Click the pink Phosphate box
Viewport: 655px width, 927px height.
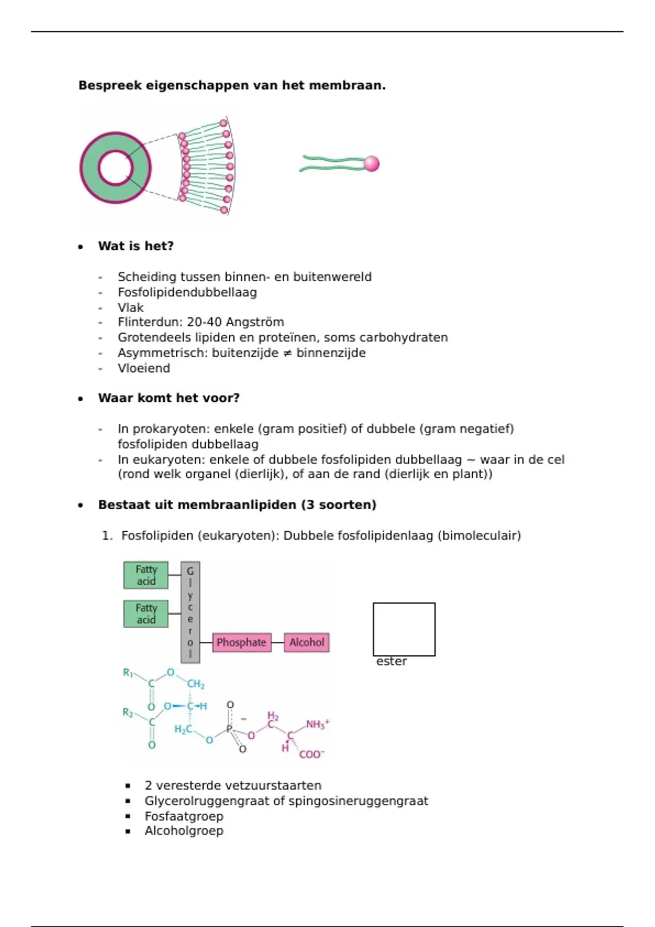point(241,642)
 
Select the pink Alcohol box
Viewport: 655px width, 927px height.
point(306,642)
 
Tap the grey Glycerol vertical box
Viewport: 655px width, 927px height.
point(190,612)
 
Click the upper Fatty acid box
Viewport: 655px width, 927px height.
point(146,575)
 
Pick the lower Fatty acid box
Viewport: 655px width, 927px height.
point(146,614)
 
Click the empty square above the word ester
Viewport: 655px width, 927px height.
point(404,629)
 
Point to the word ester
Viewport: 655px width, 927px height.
point(391,661)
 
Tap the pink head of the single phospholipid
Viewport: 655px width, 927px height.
point(371,164)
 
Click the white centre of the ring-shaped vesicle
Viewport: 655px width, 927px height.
point(115,167)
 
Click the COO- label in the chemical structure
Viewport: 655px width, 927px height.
point(311,754)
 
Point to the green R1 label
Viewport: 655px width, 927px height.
point(128,672)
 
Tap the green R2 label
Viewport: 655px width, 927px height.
point(128,712)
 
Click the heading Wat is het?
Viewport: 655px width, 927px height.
point(136,246)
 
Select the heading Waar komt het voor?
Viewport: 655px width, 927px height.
point(169,398)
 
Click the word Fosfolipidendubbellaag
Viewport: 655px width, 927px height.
point(187,292)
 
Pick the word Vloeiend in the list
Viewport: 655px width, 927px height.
point(144,368)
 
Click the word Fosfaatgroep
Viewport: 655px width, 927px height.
point(184,816)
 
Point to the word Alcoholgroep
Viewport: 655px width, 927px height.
point(184,831)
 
